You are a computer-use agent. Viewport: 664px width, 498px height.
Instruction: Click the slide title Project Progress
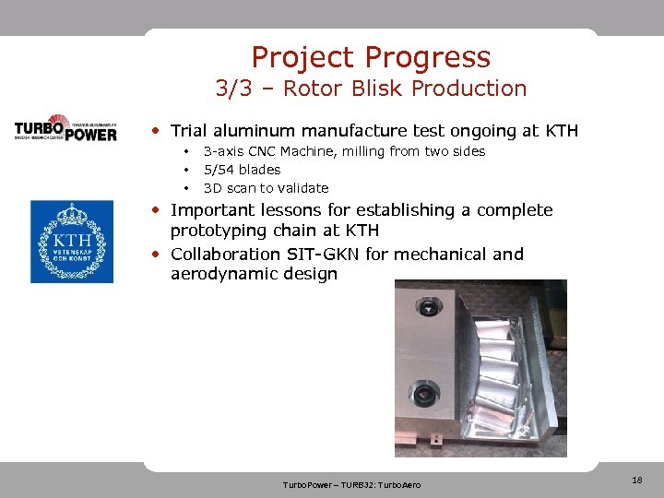click(371, 57)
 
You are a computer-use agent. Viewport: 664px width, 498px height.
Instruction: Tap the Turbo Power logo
click(65, 128)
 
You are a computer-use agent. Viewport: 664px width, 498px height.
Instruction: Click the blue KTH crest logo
click(71, 242)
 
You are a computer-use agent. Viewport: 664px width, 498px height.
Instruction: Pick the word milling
click(362, 151)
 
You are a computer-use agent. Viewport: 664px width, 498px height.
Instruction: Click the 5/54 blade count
click(219, 170)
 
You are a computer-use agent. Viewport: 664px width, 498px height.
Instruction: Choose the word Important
click(214, 210)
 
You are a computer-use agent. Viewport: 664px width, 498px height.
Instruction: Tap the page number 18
click(636, 480)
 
